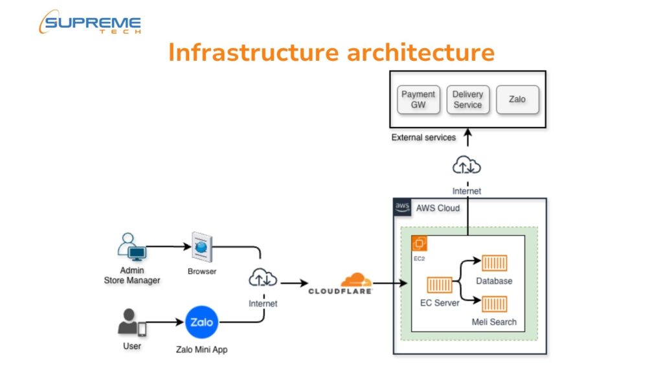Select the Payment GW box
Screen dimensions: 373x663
point(418,100)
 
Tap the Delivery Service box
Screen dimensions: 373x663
point(467,100)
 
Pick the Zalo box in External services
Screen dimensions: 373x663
point(517,100)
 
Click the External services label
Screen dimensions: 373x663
point(423,137)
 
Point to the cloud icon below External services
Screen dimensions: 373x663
point(466,166)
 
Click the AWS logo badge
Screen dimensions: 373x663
point(403,207)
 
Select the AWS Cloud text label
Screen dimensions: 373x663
point(438,208)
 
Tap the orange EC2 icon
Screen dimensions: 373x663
point(420,243)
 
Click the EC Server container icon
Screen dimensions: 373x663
point(440,285)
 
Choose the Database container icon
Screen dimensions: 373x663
point(494,264)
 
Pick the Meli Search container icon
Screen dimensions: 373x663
point(494,304)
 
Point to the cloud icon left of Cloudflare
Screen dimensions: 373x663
point(263,279)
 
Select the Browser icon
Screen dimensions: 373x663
point(201,247)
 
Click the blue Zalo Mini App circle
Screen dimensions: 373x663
point(201,322)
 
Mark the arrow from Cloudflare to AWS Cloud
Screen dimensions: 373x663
point(390,283)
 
